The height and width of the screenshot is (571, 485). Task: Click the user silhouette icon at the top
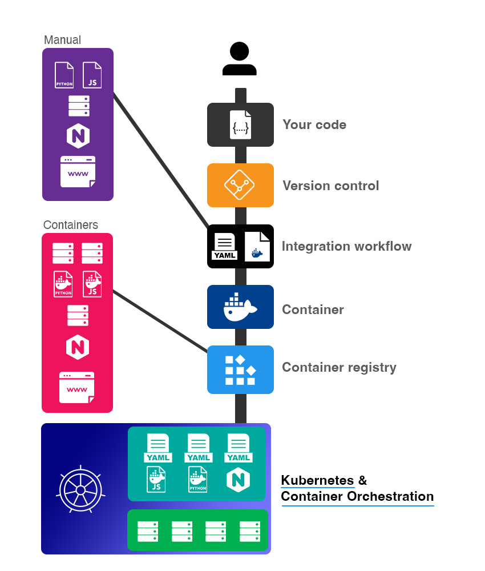tap(240, 59)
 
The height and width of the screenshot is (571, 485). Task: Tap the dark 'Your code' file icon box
tap(240, 124)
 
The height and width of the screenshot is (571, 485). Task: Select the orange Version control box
tap(240, 185)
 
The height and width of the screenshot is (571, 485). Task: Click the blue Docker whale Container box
tap(240, 307)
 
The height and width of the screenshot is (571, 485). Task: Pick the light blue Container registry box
tap(240, 369)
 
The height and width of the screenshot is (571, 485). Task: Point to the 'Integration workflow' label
tap(346, 247)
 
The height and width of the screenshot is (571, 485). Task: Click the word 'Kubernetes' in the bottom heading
tap(317, 480)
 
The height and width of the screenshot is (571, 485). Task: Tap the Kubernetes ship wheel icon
tap(80, 489)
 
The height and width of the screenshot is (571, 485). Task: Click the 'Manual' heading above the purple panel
tap(62, 40)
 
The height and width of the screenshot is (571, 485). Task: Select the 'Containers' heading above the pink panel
tap(71, 225)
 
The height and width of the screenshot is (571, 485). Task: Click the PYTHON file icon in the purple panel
tap(64, 75)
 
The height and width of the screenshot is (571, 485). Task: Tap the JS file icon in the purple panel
tap(92, 75)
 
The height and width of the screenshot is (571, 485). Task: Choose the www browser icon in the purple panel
tap(78, 171)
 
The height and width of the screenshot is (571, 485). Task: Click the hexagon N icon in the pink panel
tap(78, 347)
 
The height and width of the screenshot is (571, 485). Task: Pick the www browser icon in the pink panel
tap(77, 388)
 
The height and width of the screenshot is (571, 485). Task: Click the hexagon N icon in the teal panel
tap(239, 479)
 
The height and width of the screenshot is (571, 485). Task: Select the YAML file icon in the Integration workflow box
tap(225, 247)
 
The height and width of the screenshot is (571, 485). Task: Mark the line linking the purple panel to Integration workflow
tap(161, 159)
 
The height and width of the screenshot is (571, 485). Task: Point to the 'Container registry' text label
tap(339, 367)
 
